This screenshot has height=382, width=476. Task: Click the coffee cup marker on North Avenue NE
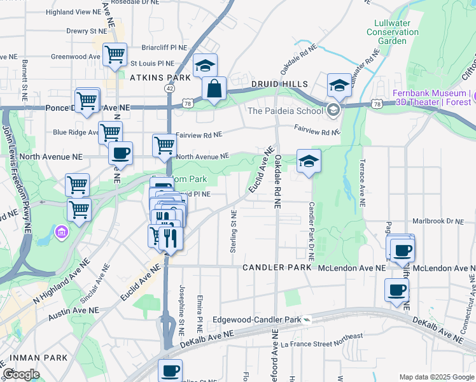click(120, 153)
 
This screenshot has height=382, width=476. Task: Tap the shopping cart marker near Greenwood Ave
click(115, 54)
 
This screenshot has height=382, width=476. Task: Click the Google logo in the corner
click(21, 374)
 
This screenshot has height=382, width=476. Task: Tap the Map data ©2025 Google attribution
click(436, 377)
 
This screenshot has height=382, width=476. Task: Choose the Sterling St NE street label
click(234, 233)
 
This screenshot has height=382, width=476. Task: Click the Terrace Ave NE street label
click(362, 183)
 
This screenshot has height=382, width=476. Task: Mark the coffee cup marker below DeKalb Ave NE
click(170, 371)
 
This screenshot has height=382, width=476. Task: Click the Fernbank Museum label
click(433, 97)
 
